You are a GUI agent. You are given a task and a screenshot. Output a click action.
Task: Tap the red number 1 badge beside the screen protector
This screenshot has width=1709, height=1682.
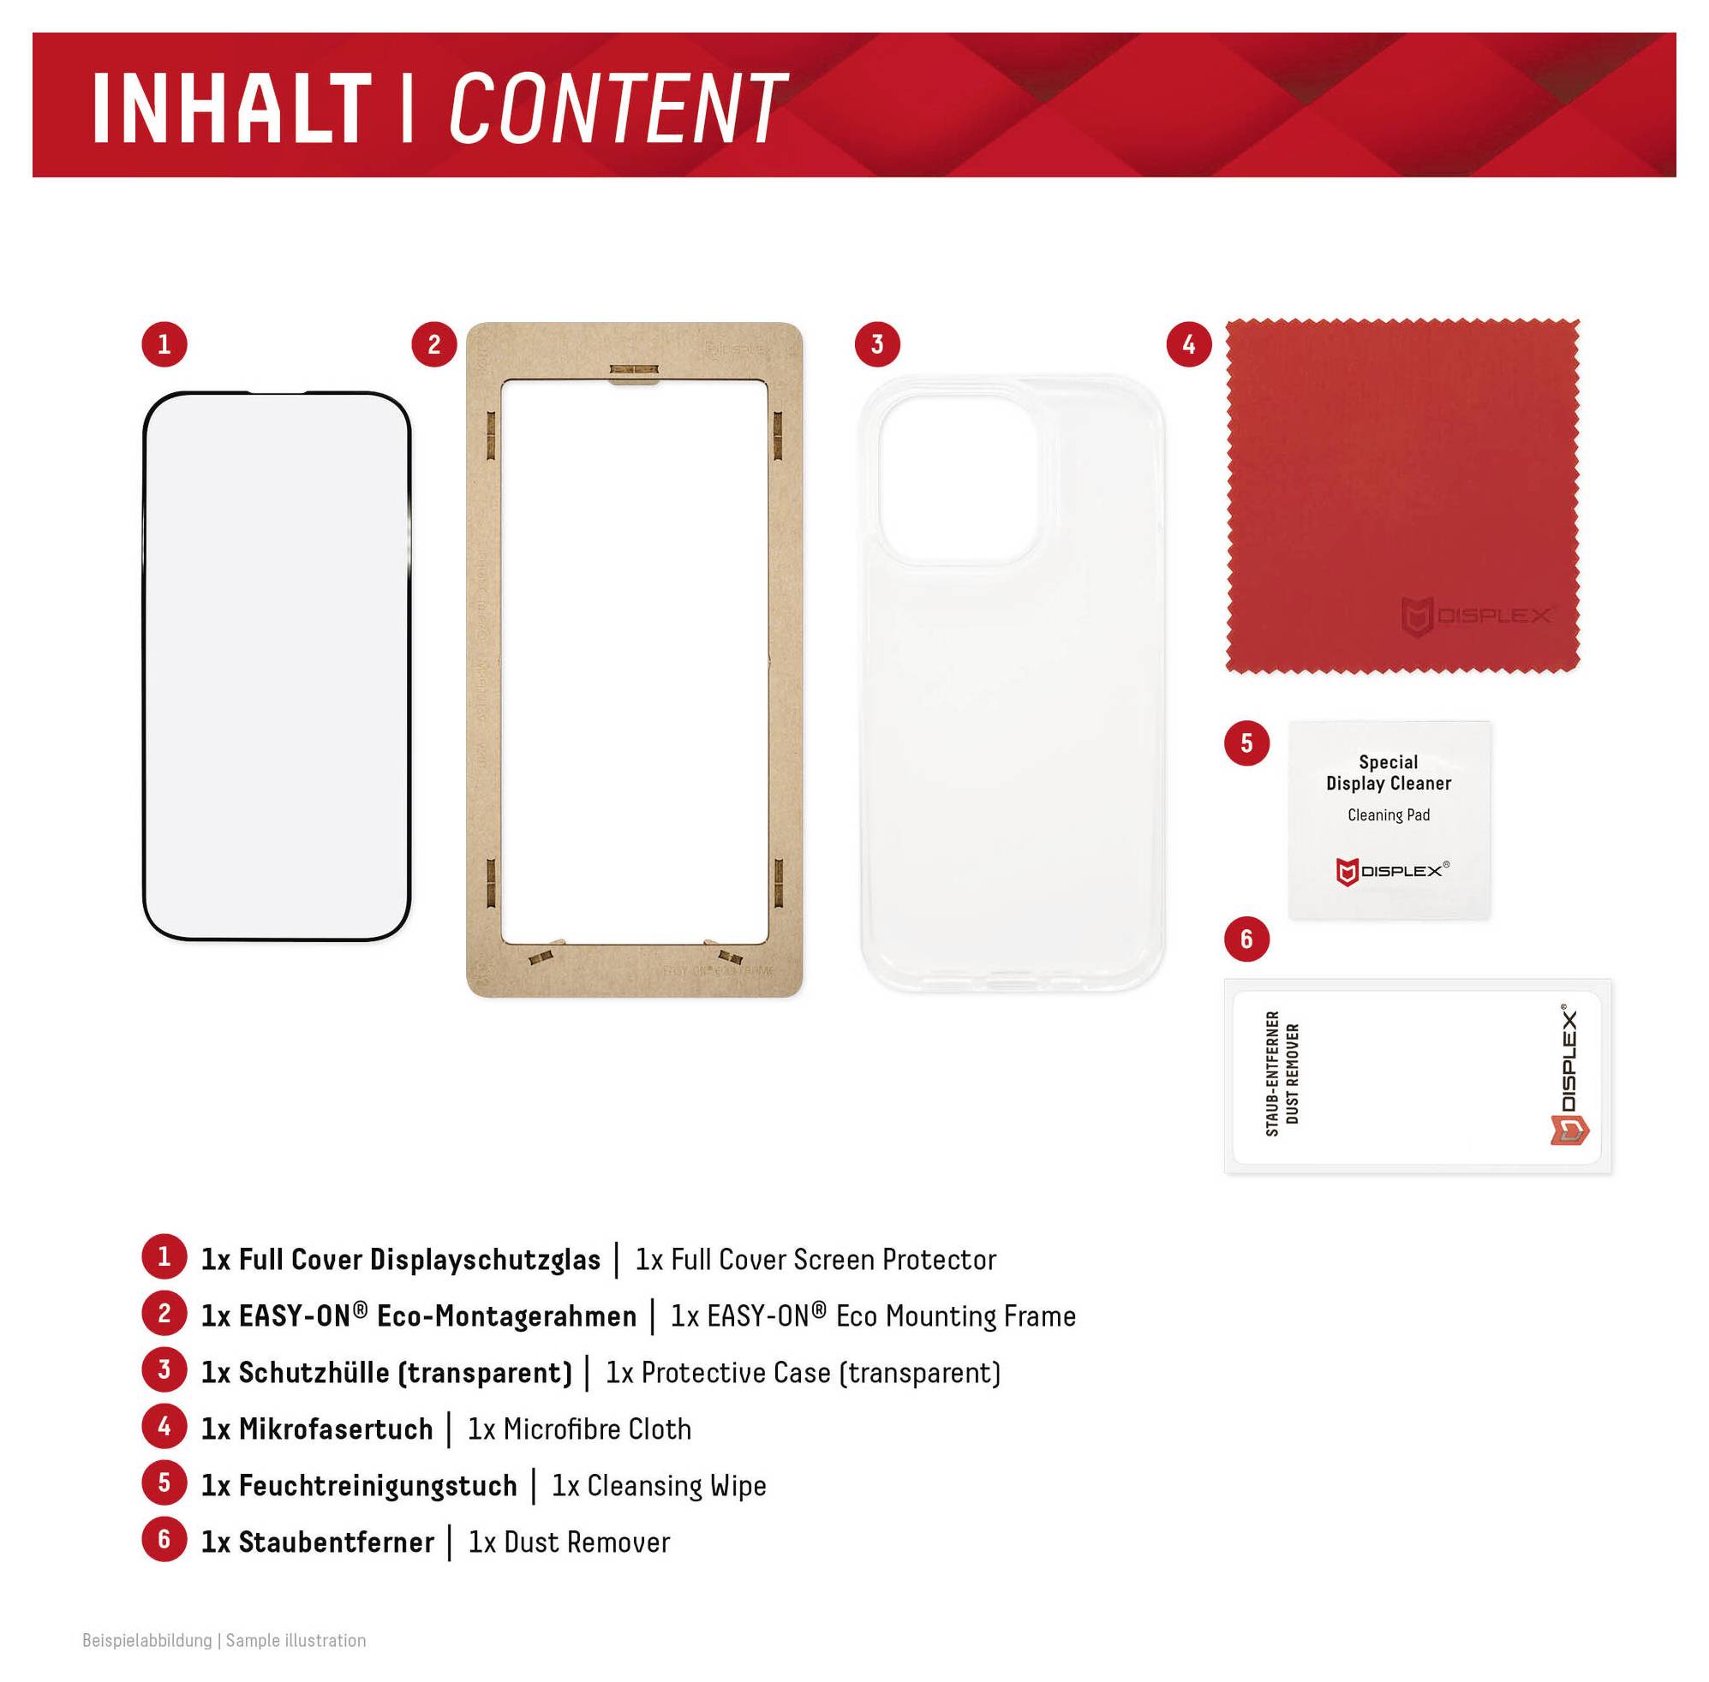point(164,343)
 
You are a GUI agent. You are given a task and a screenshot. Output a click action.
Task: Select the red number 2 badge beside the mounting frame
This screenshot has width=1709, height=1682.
point(433,343)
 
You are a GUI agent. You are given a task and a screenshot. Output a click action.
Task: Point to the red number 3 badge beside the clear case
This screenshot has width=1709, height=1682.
point(876,343)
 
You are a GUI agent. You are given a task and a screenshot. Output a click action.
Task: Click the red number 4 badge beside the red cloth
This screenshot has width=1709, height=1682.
point(1188,343)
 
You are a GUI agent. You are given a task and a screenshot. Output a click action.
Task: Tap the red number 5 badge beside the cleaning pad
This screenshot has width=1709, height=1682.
point(1246,743)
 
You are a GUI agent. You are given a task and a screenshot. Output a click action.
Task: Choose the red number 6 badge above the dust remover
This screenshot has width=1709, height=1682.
point(1246,938)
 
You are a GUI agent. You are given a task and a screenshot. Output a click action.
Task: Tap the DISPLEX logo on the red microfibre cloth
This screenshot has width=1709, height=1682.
point(1475,616)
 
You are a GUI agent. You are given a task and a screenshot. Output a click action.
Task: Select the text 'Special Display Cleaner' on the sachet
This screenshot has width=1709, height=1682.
point(1389,773)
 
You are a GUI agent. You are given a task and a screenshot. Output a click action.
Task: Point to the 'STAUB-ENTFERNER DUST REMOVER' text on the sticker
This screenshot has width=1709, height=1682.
point(1282,1073)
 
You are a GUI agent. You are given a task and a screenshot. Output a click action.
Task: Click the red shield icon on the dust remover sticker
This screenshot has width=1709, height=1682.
point(1569,1130)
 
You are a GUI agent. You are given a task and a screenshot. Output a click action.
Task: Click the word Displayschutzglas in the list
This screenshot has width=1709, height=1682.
point(484,1260)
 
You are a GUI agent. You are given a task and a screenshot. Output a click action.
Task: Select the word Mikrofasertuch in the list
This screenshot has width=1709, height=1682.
point(336,1429)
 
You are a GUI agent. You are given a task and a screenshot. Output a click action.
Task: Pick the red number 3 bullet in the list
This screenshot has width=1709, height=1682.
point(164,1370)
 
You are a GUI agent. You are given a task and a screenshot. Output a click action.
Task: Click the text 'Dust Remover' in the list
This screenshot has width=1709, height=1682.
point(587,1542)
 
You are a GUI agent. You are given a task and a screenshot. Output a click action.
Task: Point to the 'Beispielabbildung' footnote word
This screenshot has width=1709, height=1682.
point(146,1641)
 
